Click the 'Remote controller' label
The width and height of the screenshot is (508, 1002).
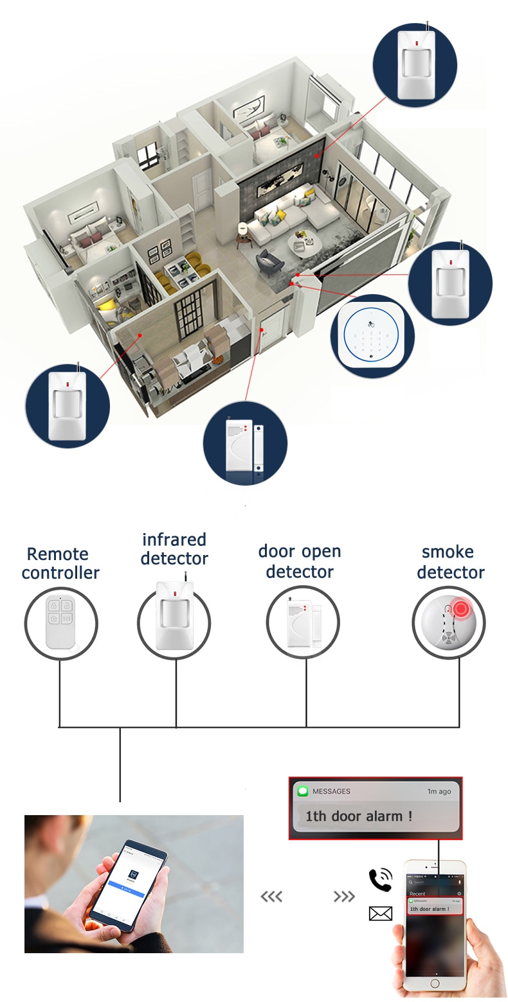click(x=60, y=563)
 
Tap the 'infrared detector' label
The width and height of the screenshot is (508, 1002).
click(x=174, y=549)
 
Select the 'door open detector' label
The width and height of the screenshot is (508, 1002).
click(x=300, y=561)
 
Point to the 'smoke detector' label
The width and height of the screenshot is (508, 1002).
click(x=450, y=562)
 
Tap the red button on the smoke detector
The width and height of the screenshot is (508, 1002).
click(x=460, y=608)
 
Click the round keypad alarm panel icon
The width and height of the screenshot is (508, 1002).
click(x=372, y=336)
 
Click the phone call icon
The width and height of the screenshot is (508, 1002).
click(x=380, y=880)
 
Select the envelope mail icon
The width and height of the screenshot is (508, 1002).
click(x=380, y=913)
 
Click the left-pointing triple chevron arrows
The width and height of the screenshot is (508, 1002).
click(x=271, y=897)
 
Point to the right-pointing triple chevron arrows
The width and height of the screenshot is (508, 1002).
click(x=345, y=897)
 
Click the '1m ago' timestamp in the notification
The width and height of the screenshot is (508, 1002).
click(x=439, y=791)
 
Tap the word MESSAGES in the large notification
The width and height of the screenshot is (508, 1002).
click(x=331, y=791)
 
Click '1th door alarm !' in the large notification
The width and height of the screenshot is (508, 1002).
click(x=358, y=816)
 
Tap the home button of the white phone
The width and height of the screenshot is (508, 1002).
click(x=435, y=983)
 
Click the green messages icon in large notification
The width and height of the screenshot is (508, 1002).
click(x=302, y=791)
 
